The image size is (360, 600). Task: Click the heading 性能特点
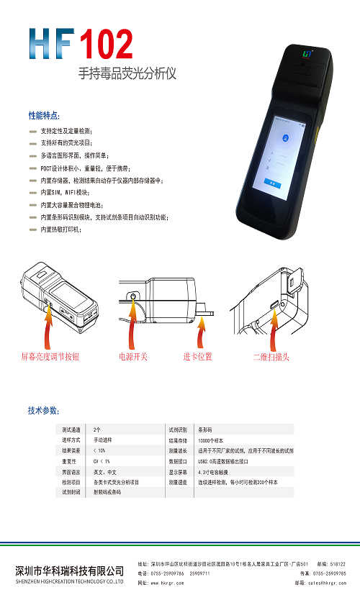pos(44,115)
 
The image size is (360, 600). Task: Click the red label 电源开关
pos(133,356)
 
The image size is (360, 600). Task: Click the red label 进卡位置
pos(197,356)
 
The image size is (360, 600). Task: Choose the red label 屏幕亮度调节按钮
pos(50,356)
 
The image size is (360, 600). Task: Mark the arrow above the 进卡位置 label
pos(202,330)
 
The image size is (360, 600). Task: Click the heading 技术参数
pos(43,411)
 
